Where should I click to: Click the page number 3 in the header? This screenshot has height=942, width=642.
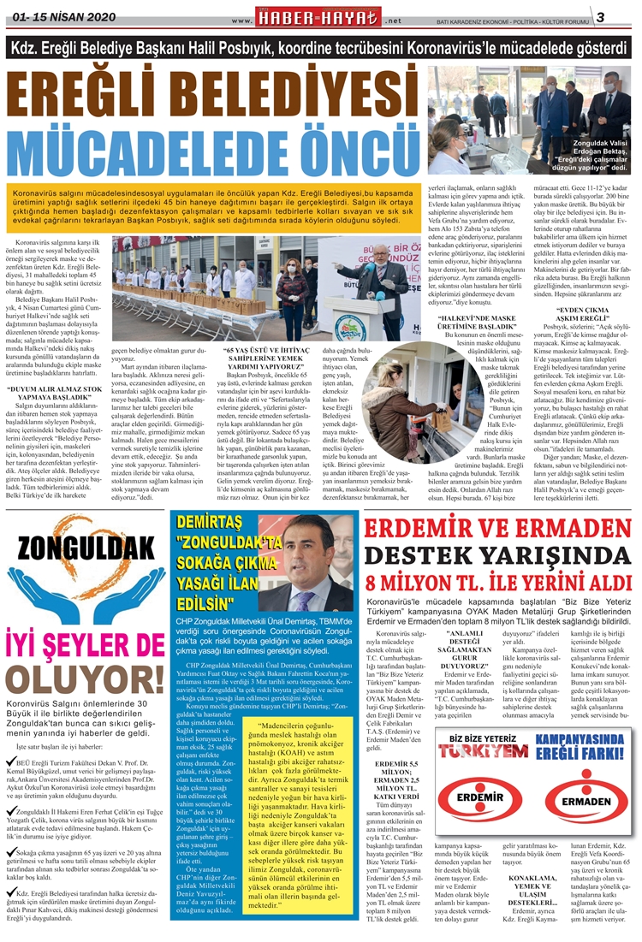point(624,17)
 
